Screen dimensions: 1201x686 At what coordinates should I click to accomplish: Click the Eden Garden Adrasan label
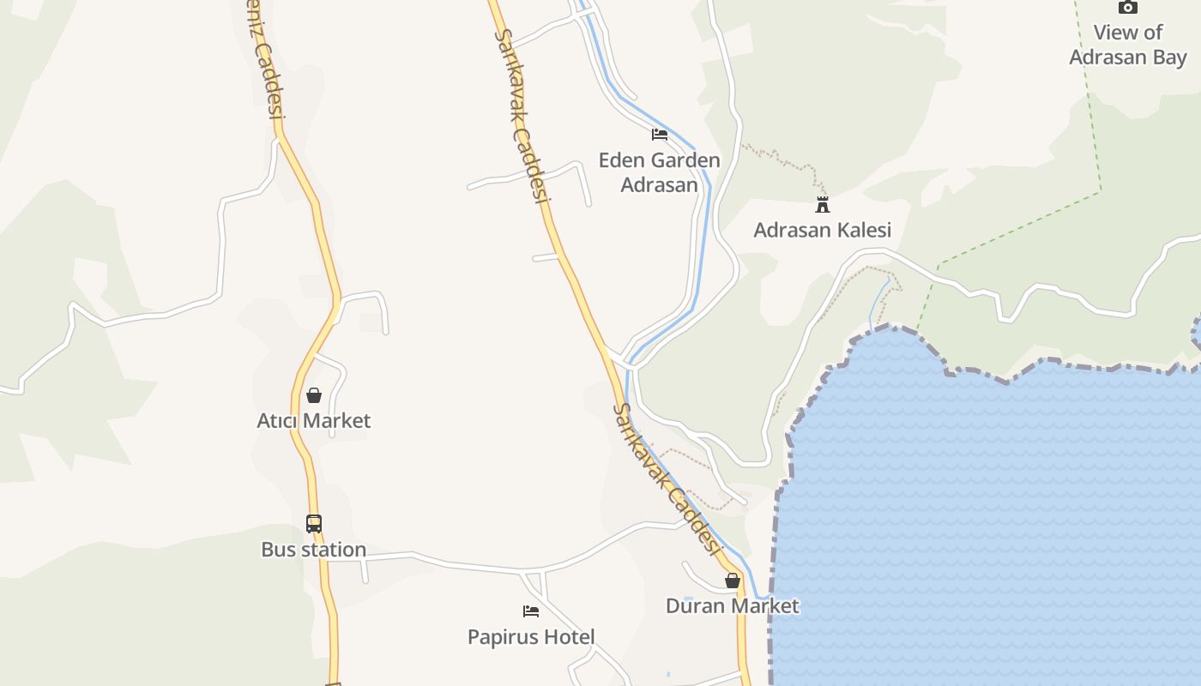pos(659,172)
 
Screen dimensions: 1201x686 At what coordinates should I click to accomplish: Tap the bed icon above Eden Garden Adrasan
pos(660,135)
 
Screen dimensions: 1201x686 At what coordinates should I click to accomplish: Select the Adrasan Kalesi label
pos(822,230)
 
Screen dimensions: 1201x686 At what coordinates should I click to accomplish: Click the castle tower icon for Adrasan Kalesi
pos(823,204)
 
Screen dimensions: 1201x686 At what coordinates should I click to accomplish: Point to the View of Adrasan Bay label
pos(1127,45)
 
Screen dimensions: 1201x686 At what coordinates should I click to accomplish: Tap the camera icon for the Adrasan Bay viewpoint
pos(1127,8)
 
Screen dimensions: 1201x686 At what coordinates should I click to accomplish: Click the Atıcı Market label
pos(314,420)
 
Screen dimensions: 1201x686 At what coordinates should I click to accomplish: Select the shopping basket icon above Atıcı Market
pos(314,395)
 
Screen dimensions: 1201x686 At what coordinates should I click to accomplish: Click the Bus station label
pos(314,550)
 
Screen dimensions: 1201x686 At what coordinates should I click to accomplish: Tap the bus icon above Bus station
pos(314,523)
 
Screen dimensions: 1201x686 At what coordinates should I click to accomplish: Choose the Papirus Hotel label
pos(531,636)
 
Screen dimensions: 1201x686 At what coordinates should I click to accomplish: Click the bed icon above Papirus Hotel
pos(531,611)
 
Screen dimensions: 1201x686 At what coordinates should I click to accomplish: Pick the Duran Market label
pos(733,605)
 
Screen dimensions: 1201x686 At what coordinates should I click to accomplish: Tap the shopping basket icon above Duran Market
pos(733,581)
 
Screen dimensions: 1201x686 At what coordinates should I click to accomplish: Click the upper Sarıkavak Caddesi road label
pos(522,116)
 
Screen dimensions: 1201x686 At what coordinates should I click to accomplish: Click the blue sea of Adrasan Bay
pos(987,514)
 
